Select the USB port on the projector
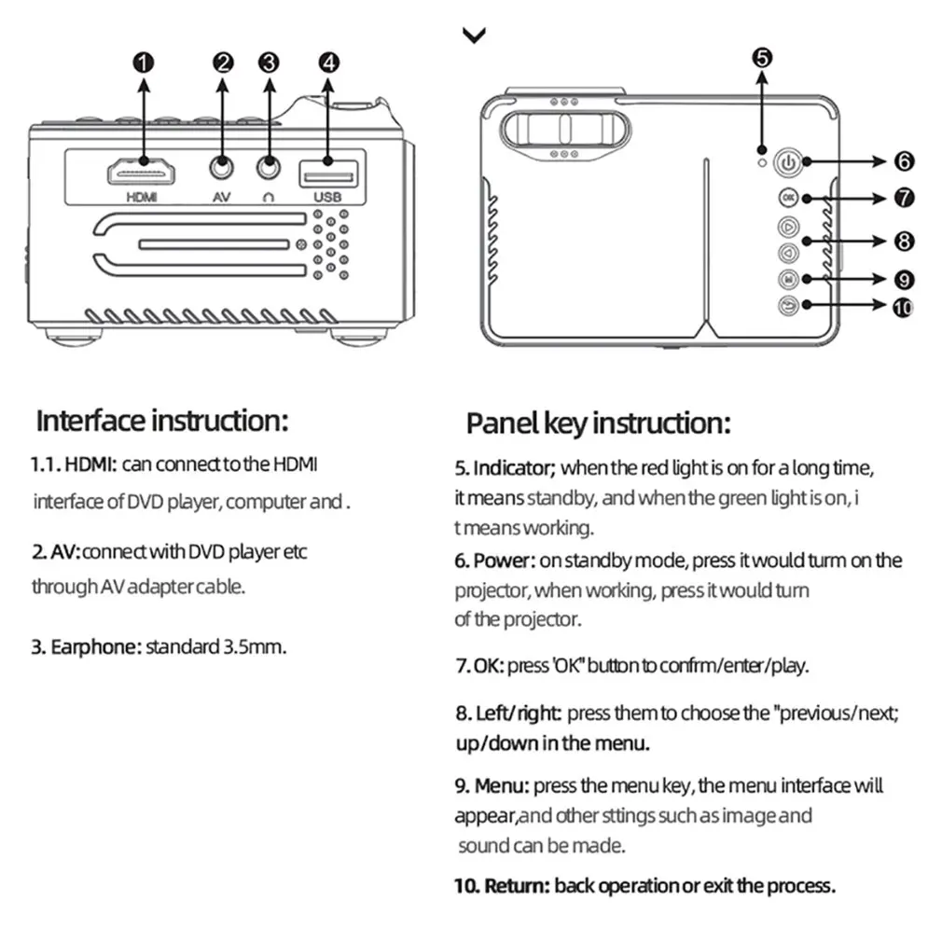coord(328,173)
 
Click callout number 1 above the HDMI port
coord(143,62)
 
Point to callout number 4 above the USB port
coord(328,62)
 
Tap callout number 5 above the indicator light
coord(762,57)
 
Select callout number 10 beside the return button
coord(903,307)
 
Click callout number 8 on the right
coord(903,241)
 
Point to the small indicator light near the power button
coord(762,162)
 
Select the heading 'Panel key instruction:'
coord(598,423)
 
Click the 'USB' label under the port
coord(328,198)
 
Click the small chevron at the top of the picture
coord(474,35)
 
